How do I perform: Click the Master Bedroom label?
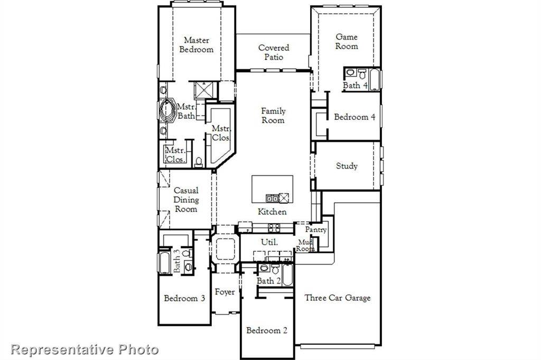pyautogui.click(x=196, y=45)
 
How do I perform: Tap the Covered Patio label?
pyautogui.click(x=273, y=52)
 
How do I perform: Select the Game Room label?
pyautogui.click(x=347, y=42)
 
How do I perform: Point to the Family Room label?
pyautogui.click(x=273, y=116)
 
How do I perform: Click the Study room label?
pyautogui.click(x=347, y=166)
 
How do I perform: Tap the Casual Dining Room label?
pyautogui.click(x=186, y=200)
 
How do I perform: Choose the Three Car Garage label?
pyautogui.click(x=337, y=298)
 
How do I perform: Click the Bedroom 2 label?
pyautogui.click(x=267, y=330)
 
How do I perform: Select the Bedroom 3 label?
pyautogui.click(x=184, y=298)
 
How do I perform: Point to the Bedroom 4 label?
pyautogui.click(x=355, y=117)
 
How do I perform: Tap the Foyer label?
pyautogui.click(x=225, y=292)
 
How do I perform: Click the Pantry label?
pyautogui.click(x=316, y=230)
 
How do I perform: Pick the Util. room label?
pyautogui.click(x=268, y=242)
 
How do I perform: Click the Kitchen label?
pyautogui.click(x=272, y=212)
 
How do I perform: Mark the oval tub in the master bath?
pyautogui.click(x=167, y=110)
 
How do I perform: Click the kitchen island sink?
pyautogui.click(x=272, y=198)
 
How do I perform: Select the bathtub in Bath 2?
pyautogui.click(x=287, y=275)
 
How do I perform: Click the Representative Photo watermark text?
pyautogui.click(x=85, y=349)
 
